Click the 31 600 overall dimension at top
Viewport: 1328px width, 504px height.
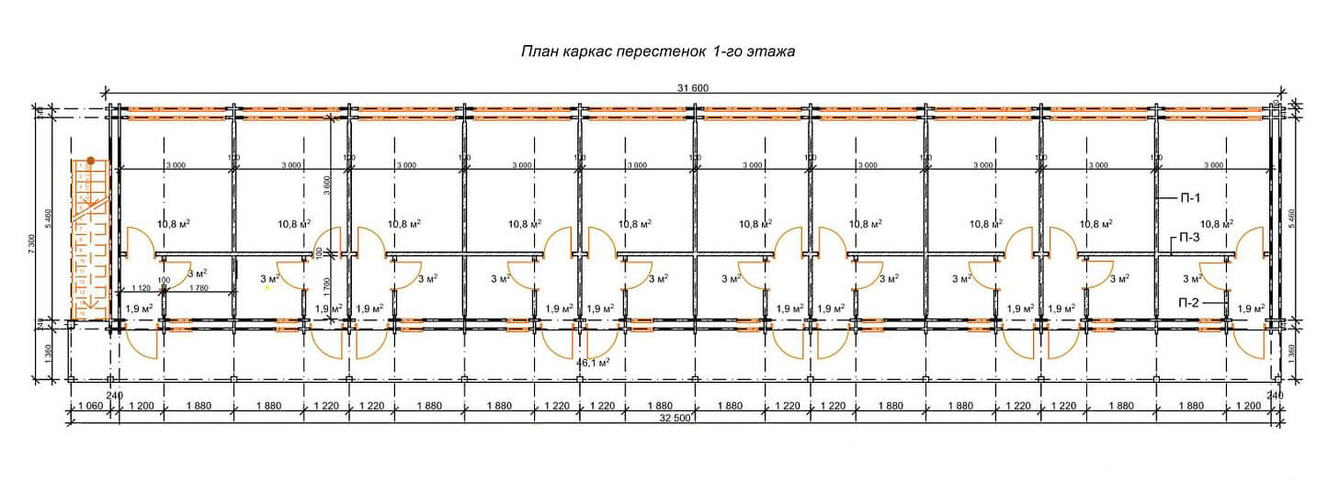(694, 88)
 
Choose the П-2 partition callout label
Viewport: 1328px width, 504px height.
(1189, 302)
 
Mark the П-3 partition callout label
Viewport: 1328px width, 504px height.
(1189, 238)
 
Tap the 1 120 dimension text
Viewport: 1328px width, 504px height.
(141, 287)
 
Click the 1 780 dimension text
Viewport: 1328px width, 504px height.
(198, 287)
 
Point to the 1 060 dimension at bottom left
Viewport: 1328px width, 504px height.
(90, 405)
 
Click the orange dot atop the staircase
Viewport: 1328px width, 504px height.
(91, 160)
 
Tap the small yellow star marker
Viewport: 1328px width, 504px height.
(267, 287)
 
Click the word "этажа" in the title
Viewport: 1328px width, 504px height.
(770, 53)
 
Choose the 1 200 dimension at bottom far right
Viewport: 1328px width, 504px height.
(1247, 405)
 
